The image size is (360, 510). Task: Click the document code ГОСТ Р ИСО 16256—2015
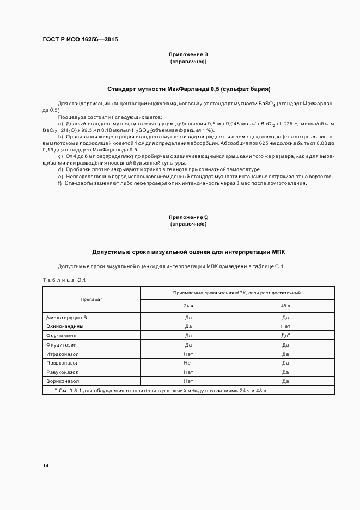click(80, 40)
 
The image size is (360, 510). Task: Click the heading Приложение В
click(188, 54)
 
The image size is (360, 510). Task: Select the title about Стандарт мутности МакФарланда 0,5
click(188, 88)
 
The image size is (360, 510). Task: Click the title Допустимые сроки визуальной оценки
click(188, 252)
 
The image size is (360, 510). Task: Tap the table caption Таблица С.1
click(64, 280)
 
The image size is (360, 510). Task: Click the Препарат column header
click(91, 299)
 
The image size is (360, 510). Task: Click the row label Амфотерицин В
click(67, 317)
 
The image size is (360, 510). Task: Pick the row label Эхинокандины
click(65, 326)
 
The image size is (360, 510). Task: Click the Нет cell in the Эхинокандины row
click(285, 326)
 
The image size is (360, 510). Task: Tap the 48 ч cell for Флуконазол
click(285, 335)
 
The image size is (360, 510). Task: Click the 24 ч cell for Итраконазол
click(188, 354)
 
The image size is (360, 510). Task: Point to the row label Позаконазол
click(63, 362)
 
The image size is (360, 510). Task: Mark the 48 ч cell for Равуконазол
click(285, 372)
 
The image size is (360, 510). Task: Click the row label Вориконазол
click(63, 381)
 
